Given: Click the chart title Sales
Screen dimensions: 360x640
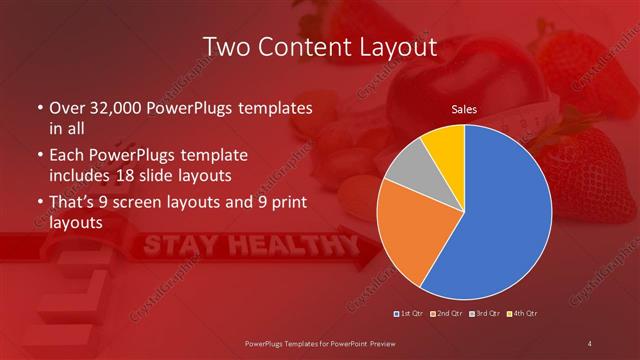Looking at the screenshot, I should coord(463,109).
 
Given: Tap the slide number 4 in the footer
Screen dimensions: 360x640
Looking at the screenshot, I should coord(590,345).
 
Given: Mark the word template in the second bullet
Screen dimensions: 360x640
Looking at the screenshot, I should coord(218,157).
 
